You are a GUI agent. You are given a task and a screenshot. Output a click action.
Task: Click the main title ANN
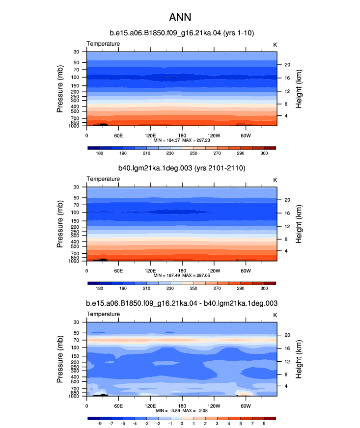pyautogui.click(x=180, y=17)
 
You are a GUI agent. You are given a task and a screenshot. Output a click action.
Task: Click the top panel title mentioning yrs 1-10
pyautogui.click(x=182, y=33)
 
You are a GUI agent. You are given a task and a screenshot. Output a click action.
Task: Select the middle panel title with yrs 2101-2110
pyautogui.click(x=182, y=168)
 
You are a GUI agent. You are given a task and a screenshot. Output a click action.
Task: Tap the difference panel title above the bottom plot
pyautogui.click(x=182, y=303)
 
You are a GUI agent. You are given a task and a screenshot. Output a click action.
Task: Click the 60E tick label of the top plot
pyautogui.click(x=118, y=135)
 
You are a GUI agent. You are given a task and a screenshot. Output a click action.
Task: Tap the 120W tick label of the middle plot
pyautogui.click(x=214, y=271)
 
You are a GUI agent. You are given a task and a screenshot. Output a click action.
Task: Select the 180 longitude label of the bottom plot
pyautogui.click(x=182, y=406)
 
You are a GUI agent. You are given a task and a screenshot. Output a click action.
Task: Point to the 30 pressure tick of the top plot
pyautogui.click(x=76, y=52)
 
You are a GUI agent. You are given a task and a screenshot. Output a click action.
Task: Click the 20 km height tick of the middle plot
pyautogui.click(x=287, y=200)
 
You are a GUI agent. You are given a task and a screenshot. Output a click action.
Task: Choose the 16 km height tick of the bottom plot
pyautogui.click(x=287, y=348)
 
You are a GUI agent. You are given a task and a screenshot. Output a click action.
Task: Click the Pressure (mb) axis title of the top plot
pyautogui.click(x=60, y=89)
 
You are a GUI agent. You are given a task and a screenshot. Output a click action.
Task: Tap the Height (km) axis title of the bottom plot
pyautogui.click(x=299, y=359)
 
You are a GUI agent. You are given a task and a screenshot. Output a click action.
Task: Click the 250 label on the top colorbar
pyautogui.click(x=194, y=153)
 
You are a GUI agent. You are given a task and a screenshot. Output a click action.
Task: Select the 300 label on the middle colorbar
pyautogui.click(x=264, y=288)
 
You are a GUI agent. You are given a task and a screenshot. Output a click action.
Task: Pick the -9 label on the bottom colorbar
pyautogui.click(x=100, y=424)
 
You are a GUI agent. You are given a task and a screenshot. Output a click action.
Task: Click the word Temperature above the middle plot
pyautogui.click(x=103, y=179)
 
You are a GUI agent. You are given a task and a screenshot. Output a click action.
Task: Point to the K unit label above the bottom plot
pyautogui.click(x=275, y=315)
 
